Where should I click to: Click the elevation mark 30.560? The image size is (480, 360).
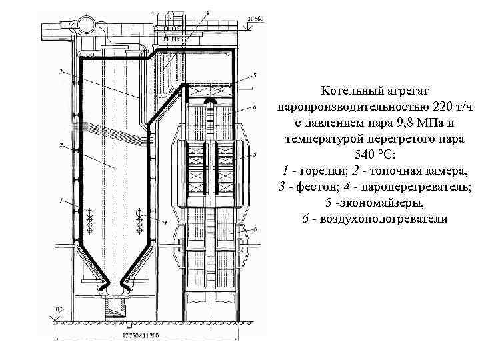(255, 18)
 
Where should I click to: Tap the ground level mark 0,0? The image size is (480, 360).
(59, 309)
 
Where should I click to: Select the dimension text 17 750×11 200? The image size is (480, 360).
(142, 335)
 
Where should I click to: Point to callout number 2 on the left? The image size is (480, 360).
(61, 145)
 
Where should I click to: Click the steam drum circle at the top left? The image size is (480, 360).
(86, 24)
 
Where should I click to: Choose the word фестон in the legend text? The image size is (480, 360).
(314, 187)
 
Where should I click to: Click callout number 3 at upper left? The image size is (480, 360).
(61, 72)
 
